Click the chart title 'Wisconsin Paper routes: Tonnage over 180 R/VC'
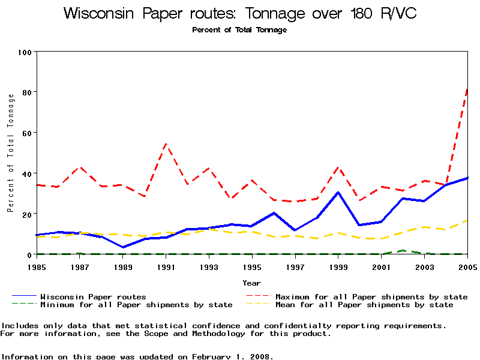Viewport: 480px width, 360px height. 240,13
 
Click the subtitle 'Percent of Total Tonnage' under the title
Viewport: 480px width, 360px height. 239,30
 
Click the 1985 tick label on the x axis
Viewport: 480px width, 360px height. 37,267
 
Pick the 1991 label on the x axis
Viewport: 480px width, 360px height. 166,267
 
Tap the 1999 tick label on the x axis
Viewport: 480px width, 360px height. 338,267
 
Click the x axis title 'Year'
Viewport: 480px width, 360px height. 252,283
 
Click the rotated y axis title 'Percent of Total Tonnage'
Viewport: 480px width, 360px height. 11,152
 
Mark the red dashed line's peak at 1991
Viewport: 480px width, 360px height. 166,144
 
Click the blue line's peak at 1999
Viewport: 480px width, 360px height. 338,193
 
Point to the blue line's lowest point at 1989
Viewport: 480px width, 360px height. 123,247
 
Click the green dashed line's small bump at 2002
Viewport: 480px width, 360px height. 403,250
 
